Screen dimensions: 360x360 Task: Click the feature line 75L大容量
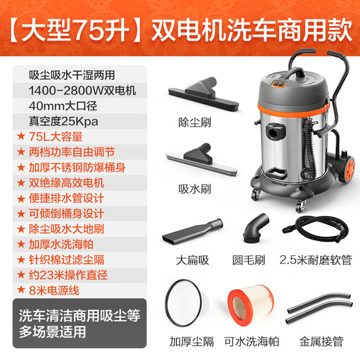51,137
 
